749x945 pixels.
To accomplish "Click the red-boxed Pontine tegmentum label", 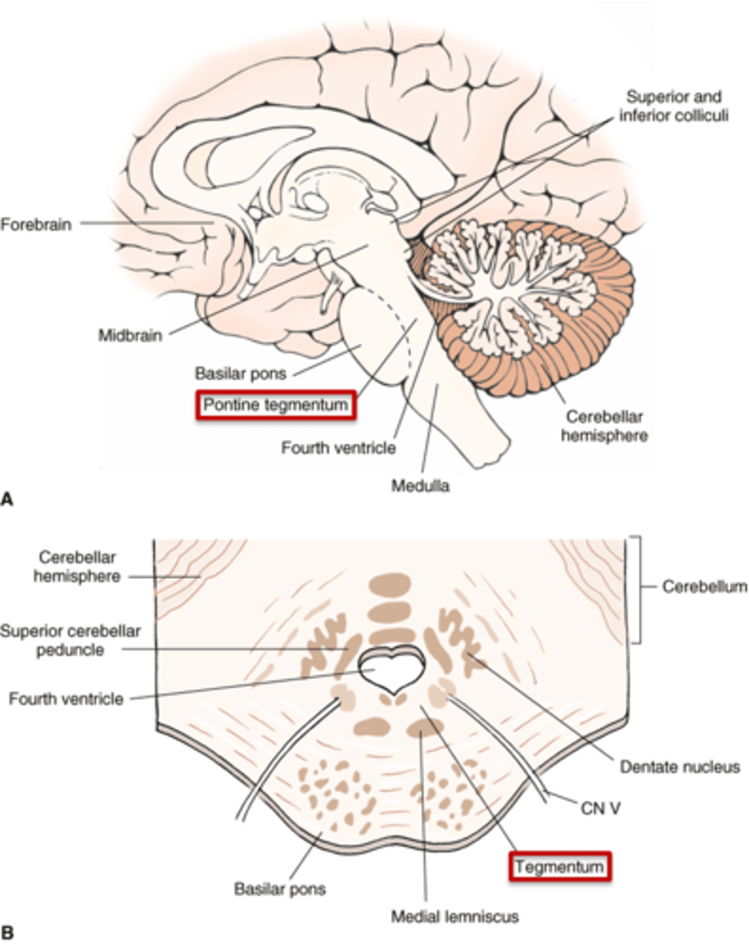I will pos(275,405).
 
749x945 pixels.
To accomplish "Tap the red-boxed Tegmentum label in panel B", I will pos(561,867).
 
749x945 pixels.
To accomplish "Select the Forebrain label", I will pos(35,224).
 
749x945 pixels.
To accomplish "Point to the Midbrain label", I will pos(130,335).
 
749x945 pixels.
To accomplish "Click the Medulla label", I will pos(420,486).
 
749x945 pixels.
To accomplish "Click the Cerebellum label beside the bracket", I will pos(704,587).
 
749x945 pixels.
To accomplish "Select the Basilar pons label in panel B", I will pos(280,891).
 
